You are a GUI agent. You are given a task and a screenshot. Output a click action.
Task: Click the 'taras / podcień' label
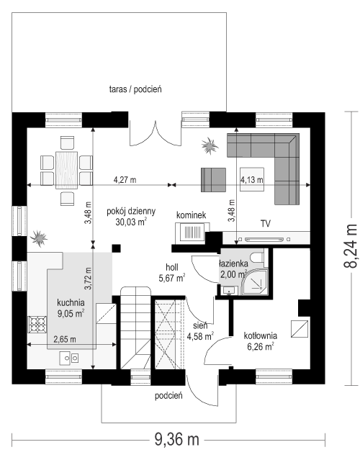coord(135,89)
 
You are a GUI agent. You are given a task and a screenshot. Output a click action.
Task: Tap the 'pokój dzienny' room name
coord(130,212)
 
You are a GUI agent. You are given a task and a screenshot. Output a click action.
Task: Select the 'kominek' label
coord(191,215)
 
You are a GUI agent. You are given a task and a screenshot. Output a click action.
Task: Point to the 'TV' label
coord(265,224)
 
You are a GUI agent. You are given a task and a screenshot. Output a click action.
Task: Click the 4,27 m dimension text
coord(125,179)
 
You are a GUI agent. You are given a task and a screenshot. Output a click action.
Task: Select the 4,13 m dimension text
coord(251,179)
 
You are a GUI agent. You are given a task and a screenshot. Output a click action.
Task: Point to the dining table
coord(68,168)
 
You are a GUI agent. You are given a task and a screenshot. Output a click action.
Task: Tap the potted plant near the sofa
coord(210,146)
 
